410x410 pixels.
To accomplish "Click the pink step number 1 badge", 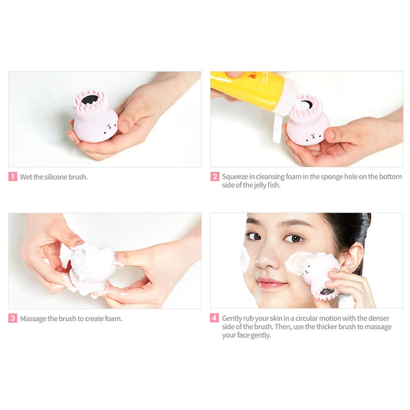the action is [x=13, y=176].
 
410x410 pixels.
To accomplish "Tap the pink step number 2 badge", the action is [x=215, y=176].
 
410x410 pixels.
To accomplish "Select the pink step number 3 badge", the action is [x=13, y=318].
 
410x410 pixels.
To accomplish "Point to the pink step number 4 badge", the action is [x=214, y=318].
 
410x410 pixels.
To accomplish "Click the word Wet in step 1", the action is [x=26, y=177].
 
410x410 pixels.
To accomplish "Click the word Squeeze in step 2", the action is [x=235, y=177].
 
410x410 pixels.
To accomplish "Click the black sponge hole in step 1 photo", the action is [x=90, y=99].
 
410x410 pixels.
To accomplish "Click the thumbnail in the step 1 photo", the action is [x=125, y=125].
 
